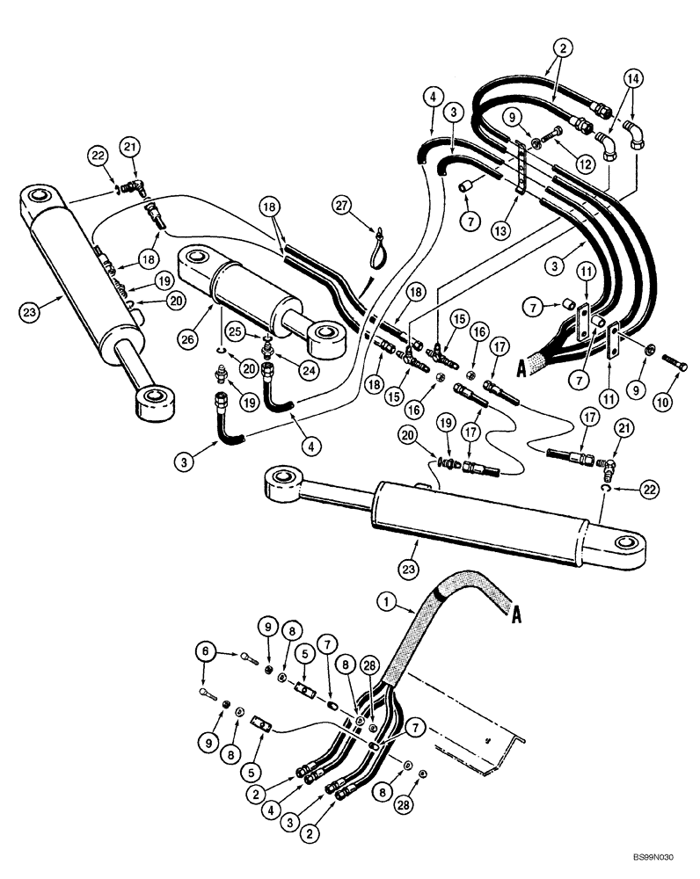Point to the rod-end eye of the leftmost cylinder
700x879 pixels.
(x=155, y=403)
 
